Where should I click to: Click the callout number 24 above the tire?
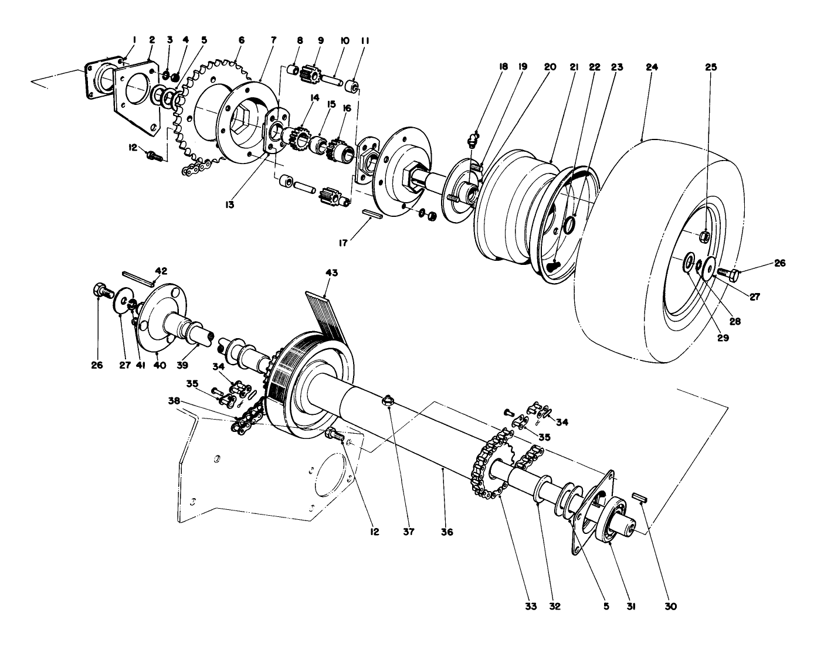(652, 67)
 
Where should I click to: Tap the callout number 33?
(531, 606)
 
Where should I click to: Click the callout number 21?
(574, 67)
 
